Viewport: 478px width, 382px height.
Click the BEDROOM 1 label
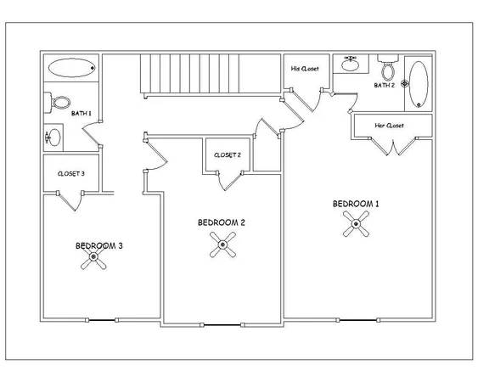click(x=356, y=204)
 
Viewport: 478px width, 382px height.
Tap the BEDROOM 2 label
click(x=222, y=222)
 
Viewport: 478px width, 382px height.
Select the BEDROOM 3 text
click(x=99, y=245)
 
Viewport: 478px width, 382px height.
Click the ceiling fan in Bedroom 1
click(x=356, y=224)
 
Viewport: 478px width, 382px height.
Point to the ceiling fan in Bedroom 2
click(x=222, y=244)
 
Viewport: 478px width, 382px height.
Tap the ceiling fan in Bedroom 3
click(x=93, y=257)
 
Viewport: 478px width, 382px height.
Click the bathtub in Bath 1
click(x=72, y=68)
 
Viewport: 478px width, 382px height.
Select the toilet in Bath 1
click(x=58, y=102)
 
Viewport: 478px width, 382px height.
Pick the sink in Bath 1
click(x=53, y=138)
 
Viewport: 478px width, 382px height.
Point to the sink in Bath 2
click(x=351, y=64)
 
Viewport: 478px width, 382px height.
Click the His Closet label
click(x=305, y=69)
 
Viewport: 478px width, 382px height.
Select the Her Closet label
click(x=390, y=126)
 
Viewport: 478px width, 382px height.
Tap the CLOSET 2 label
click(x=228, y=154)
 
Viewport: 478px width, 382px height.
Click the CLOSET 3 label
click(x=71, y=174)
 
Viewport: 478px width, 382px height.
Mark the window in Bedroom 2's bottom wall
click(x=222, y=325)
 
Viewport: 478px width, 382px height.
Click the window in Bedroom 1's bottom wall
click(x=358, y=320)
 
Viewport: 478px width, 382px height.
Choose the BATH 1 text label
click(x=82, y=114)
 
